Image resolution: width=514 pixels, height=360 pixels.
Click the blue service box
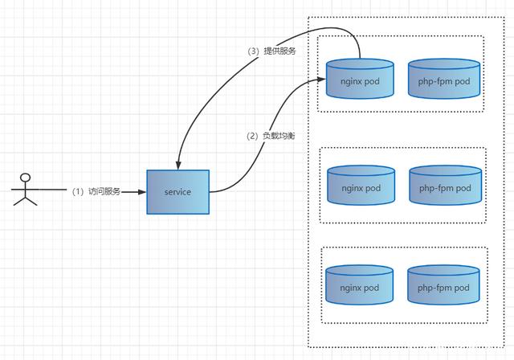click(178, 192)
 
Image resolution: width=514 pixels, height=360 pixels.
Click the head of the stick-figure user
click(25, 178)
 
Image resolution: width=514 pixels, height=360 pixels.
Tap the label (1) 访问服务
click(96, 191)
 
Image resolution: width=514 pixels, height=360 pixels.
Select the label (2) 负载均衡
click(271, 136)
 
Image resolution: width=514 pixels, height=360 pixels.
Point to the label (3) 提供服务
click(271, 51)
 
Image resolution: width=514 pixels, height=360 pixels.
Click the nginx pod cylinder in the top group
click(360, 79)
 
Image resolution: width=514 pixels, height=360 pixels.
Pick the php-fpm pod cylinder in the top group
click(444, 79)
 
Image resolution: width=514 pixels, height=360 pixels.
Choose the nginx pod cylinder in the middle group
click(361, 186)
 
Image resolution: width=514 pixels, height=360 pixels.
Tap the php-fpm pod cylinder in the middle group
click(446, 186)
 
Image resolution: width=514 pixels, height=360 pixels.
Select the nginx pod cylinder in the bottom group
click(359, 285)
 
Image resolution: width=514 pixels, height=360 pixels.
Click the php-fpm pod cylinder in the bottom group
click(443, 285)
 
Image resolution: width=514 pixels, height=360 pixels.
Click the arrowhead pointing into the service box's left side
click(142, 192)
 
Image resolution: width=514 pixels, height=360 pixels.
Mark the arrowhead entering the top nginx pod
click(321, 79)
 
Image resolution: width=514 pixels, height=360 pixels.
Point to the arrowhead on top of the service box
click(178, 166)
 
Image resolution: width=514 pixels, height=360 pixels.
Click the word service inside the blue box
click(177, 192)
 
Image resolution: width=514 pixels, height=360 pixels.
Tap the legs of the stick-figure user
click(25, 201)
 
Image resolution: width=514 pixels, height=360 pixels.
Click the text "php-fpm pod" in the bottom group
click(443, 288)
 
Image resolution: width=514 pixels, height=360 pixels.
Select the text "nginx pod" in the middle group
click(361, 188)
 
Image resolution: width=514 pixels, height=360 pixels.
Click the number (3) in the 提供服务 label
click(254, 51)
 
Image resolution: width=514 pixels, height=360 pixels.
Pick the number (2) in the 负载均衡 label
click(252, 136)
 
